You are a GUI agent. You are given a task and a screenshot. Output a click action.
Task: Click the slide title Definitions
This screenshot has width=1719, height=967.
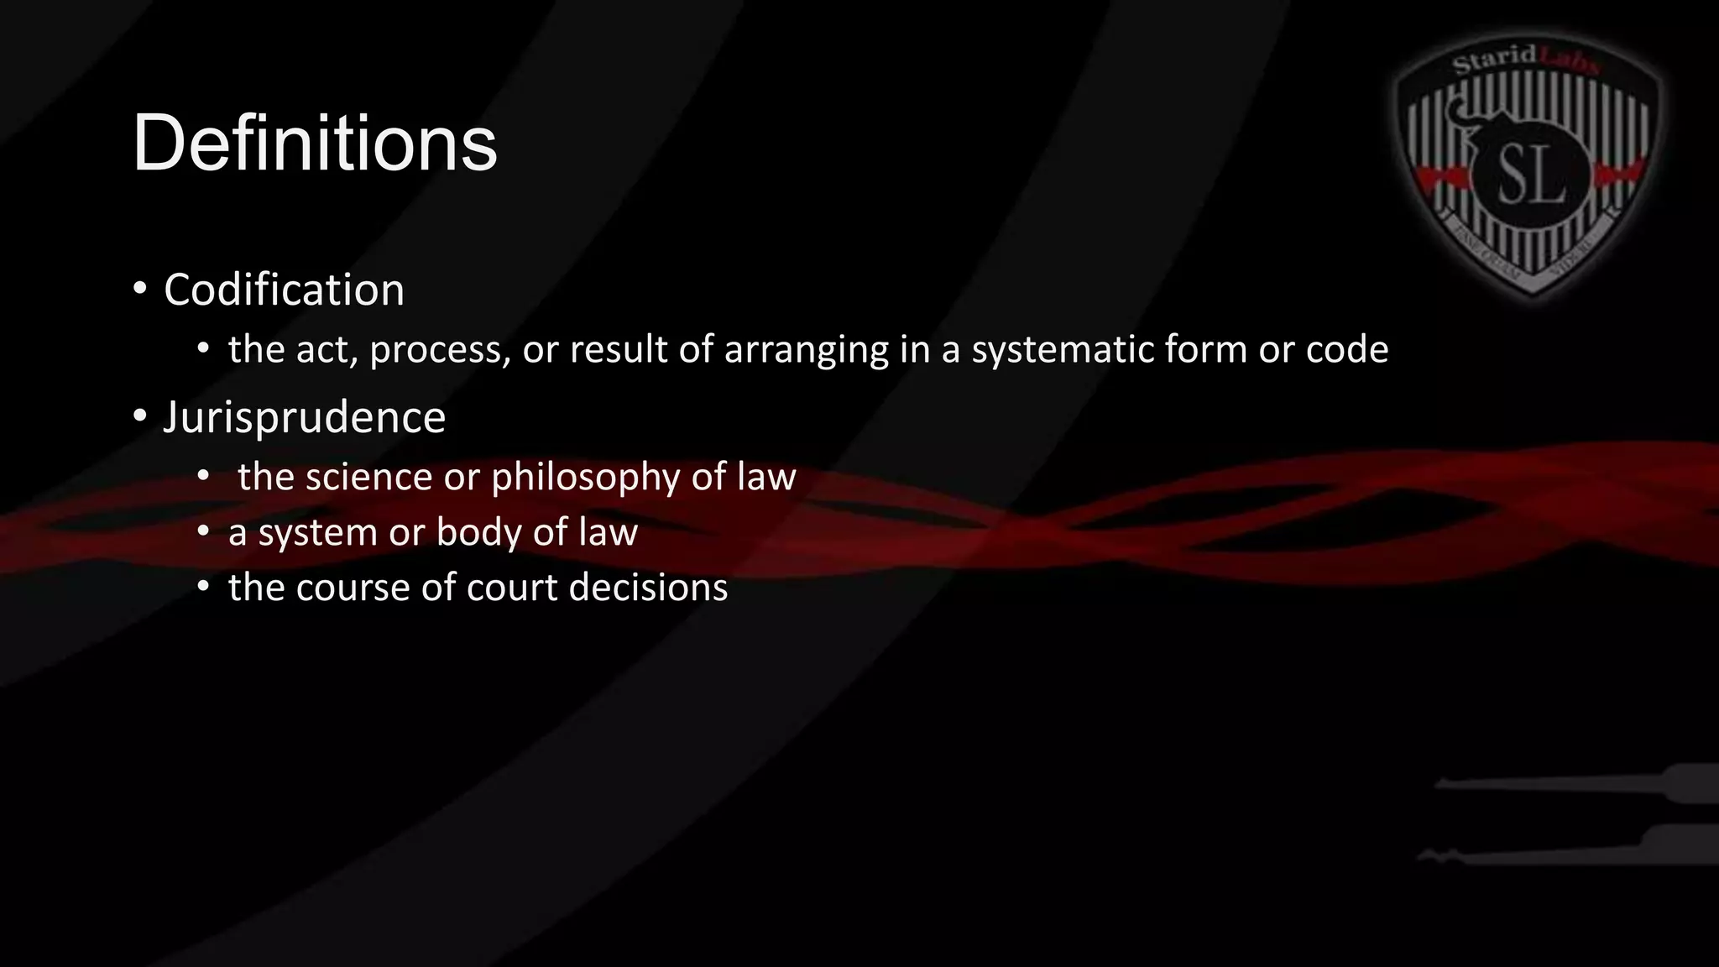point(315,143)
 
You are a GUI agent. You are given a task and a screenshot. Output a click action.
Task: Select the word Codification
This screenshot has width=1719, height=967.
point(284,290)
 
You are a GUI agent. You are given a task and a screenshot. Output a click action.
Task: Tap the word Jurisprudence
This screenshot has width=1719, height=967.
point(304,417)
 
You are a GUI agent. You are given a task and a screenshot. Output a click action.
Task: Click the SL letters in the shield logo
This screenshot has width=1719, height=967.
point(1532,175)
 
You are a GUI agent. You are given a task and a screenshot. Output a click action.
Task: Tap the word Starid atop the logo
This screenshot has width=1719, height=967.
point(1494,60)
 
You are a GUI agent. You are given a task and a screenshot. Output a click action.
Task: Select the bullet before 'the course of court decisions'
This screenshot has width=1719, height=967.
point(203,587)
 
